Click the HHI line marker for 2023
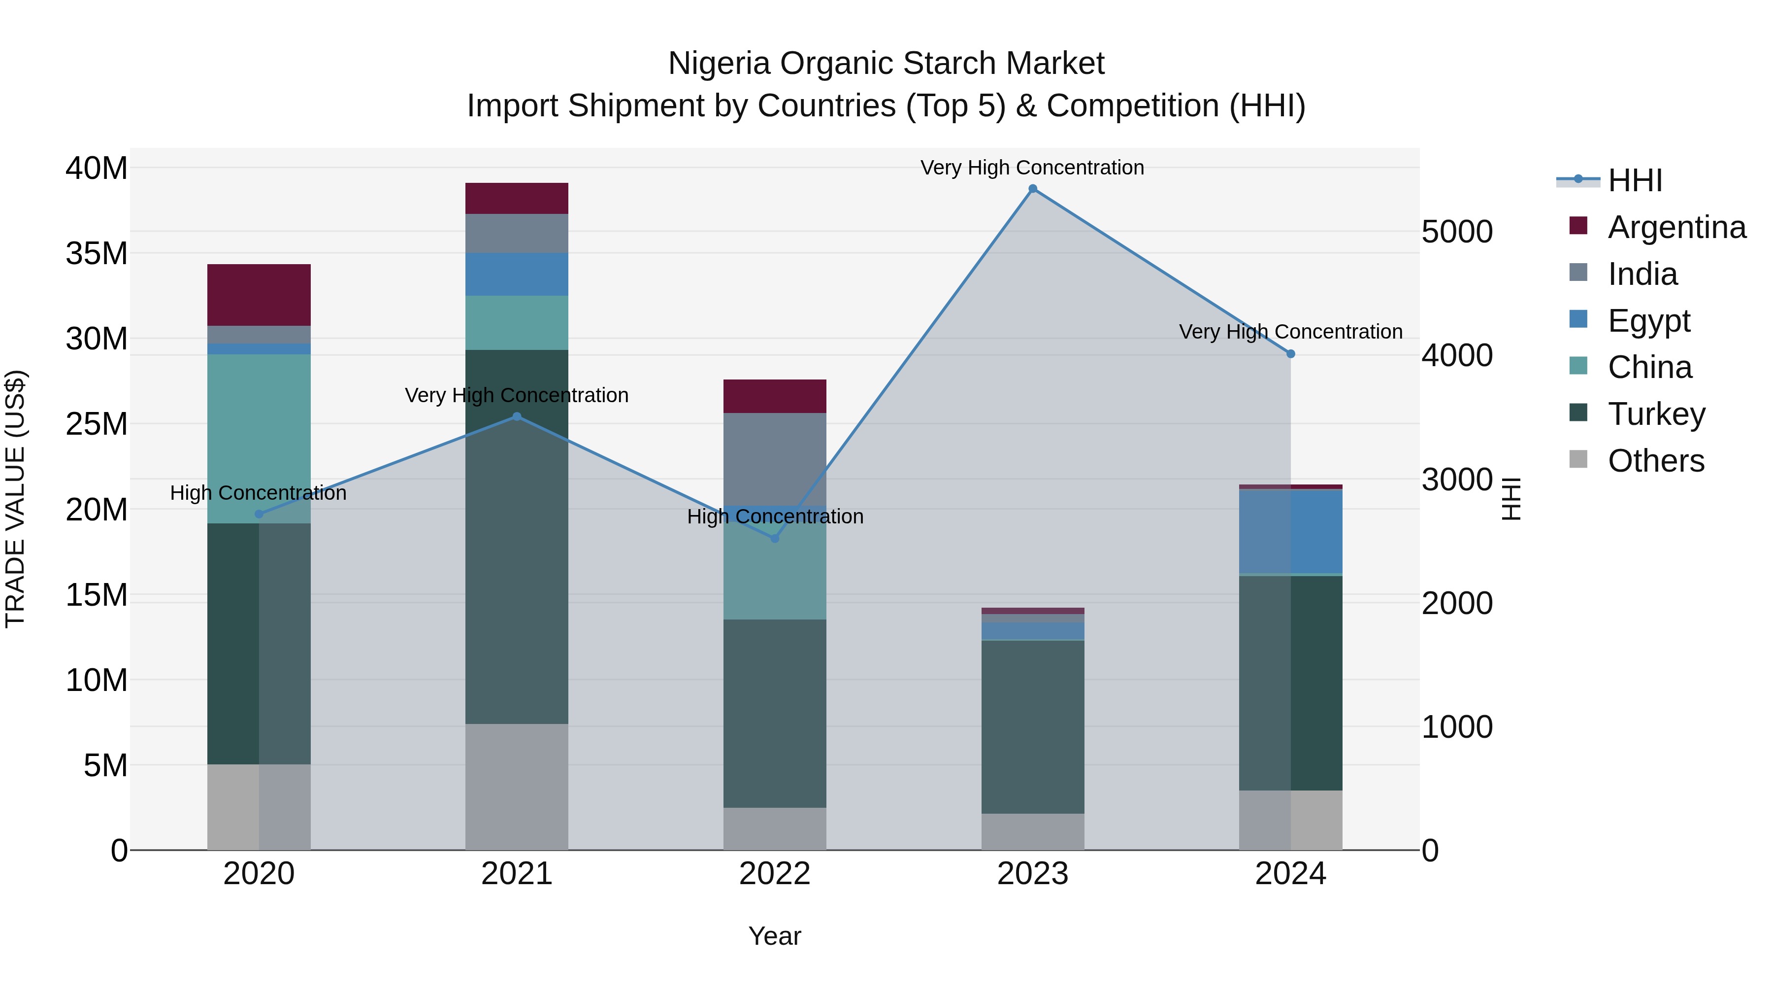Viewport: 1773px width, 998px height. (x=1032, y=189)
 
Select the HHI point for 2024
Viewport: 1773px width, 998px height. (x=1290, y=354)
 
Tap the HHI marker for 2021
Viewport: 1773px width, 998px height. (x=517, y=416)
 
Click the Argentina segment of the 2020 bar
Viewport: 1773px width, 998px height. (x=259, y=295)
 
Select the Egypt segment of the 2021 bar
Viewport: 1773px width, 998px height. (x=517, y=274)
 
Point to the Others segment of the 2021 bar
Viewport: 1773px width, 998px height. (x=517, y=787)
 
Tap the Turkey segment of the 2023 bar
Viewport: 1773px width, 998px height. (x=1032, y=726)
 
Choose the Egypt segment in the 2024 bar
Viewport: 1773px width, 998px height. (x=1290, y=532)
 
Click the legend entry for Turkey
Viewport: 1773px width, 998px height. (x=1656, y=414)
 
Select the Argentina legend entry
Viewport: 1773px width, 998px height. (x=1676, y=227)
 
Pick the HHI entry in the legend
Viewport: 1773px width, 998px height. (x=1634, y=180)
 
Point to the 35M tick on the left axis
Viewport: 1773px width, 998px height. (x=97, y=253)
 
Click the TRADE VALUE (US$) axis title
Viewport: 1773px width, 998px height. (x=15, y=499)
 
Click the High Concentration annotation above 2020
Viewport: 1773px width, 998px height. (x=258, y=493)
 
